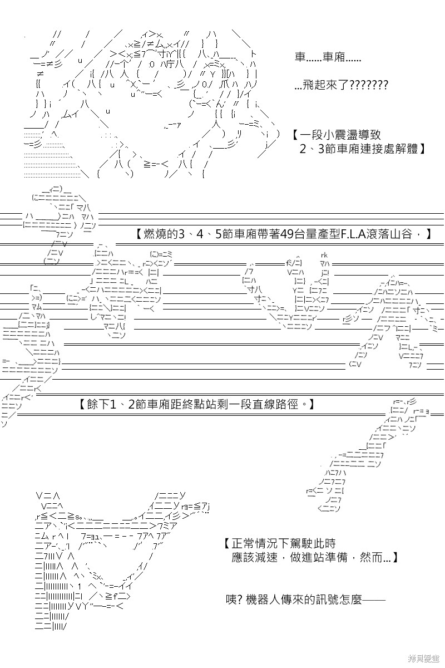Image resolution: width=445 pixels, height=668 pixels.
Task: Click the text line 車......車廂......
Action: (328, 57)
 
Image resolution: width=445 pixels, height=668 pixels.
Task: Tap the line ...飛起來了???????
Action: (341, 85)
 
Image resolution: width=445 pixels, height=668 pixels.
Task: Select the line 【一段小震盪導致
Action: (336, 135)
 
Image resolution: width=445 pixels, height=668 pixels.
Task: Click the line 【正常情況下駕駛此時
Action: (280, 543)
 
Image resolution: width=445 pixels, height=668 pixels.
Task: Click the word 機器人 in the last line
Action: (264, 600)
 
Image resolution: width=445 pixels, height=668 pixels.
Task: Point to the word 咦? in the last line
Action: (235, 600)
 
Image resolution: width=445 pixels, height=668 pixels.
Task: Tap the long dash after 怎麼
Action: (374, 600)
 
